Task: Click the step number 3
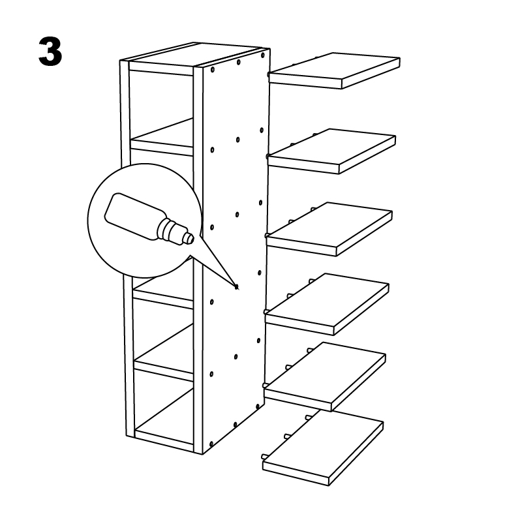point(50,51)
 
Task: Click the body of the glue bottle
point(133,215)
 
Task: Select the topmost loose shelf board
point(334,70)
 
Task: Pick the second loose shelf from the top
point(331,151)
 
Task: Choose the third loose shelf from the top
point(329,229)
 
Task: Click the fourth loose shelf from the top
point(327,304)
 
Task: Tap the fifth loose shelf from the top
point(325,376)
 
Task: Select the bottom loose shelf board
point(323,448)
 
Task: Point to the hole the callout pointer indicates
point(236,287)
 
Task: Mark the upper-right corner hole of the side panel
point(263,55)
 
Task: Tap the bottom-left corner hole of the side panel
point(211,444)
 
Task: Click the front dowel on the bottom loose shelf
point(264,457)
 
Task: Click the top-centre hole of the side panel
point(238,62)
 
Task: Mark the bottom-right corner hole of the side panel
point(258,406)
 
